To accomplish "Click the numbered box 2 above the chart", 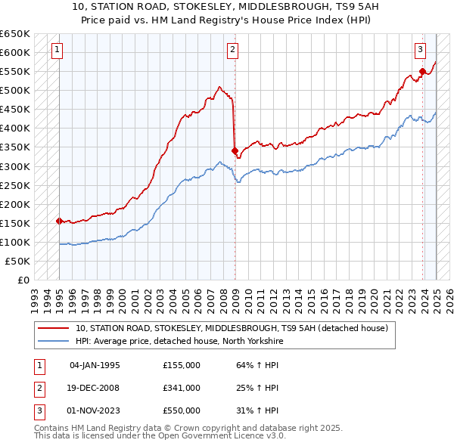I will (232, 51).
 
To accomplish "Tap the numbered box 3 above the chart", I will (420, 51).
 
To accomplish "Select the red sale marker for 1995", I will (59, 221).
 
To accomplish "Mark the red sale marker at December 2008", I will (235, 150).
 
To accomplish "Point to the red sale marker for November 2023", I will (422, 72).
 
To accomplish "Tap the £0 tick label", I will (22, 280).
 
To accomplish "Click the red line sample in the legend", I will (54, 328).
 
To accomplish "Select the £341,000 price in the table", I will (182, 388).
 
